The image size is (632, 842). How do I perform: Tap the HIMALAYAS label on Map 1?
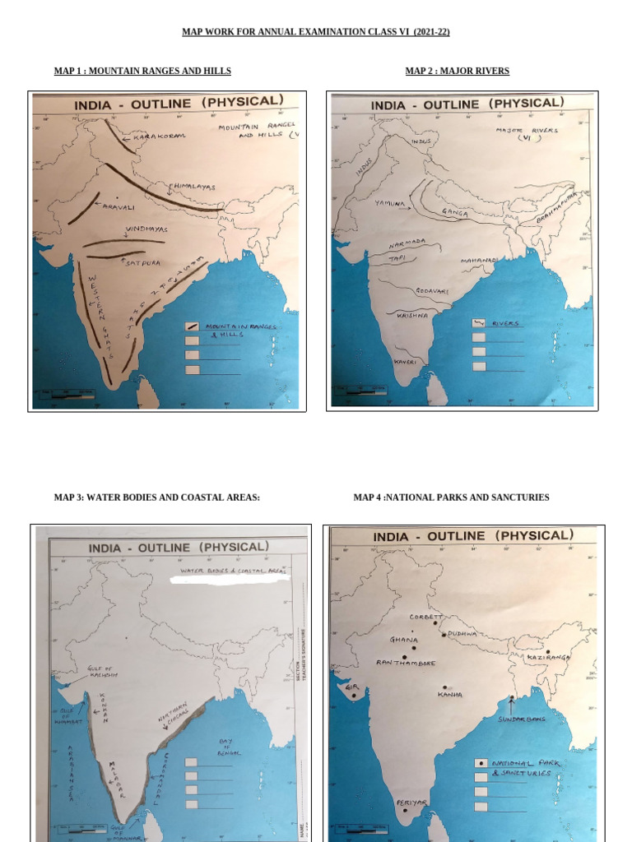coord(194,187)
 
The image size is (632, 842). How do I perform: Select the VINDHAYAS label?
coord(146,229)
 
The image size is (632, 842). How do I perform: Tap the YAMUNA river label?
coord(389,202)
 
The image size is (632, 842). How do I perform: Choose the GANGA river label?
coord(454,212)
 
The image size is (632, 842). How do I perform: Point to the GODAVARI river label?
coord(431,290)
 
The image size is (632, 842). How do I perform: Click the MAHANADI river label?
coord(478,260)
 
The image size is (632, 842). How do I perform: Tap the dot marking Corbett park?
coord(435,623)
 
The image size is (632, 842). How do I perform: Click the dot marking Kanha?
coord(445,687)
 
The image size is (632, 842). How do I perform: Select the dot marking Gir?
coord(354,696)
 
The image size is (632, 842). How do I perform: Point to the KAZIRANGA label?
coord(548,658)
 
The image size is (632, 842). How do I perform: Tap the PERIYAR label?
coord(411,802)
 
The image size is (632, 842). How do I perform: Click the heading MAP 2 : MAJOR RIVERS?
coord(457,72)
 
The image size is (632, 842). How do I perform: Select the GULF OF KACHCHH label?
coord(102,672)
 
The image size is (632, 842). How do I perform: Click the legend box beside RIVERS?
coord(479,323)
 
